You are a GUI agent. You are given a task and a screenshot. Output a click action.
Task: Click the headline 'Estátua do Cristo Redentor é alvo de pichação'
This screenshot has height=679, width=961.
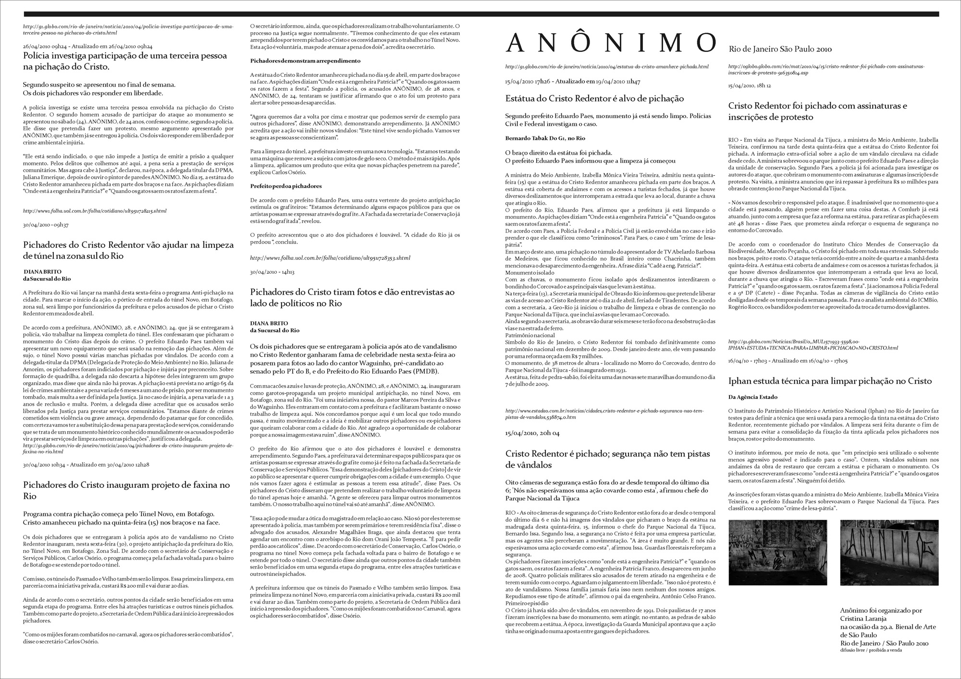pos(594,98)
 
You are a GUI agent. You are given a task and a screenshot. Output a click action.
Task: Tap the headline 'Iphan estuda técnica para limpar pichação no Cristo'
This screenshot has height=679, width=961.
pos(830,381)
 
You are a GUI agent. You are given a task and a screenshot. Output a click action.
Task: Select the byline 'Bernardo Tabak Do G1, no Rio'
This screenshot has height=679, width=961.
pos(545,138)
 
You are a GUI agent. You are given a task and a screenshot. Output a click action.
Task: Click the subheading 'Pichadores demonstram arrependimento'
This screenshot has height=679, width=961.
pos(305,61)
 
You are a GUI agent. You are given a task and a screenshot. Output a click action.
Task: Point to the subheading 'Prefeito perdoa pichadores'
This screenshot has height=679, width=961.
pos(286,186)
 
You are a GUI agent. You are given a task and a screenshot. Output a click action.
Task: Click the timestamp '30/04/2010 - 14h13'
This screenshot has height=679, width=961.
pos(272,272)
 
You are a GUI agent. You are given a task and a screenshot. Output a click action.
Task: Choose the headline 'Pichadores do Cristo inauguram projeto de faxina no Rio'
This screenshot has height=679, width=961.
pos(126,490)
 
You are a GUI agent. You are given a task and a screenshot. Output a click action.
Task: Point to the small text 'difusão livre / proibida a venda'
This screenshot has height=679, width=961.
pos(871,650)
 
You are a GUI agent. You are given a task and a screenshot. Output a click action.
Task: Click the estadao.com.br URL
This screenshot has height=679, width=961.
pos(604,414)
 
